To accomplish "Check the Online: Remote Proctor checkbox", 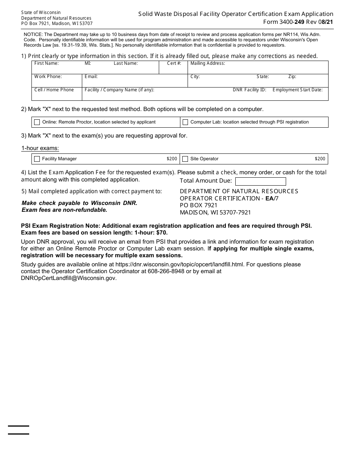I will (37, 122).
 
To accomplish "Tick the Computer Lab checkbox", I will (185, 122).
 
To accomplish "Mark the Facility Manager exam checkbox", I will (37, 159).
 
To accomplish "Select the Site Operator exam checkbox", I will (185, 159).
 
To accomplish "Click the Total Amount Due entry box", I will (260, 181).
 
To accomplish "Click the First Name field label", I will (46, 63).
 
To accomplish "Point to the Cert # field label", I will (174, 63).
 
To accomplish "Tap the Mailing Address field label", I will (207, 63).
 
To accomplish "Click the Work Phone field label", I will (48, 77).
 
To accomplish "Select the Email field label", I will (91, 77).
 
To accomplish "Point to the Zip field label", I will (292, 77).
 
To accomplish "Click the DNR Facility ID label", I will (249, 90).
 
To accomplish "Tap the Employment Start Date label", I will (297, 90).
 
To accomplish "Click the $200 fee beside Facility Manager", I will (172, 159).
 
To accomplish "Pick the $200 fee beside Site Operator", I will (320, 159).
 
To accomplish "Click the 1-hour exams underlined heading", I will (40, 148).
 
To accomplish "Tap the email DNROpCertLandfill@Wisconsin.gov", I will (69, 278).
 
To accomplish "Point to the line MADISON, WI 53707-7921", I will (215, 213).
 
